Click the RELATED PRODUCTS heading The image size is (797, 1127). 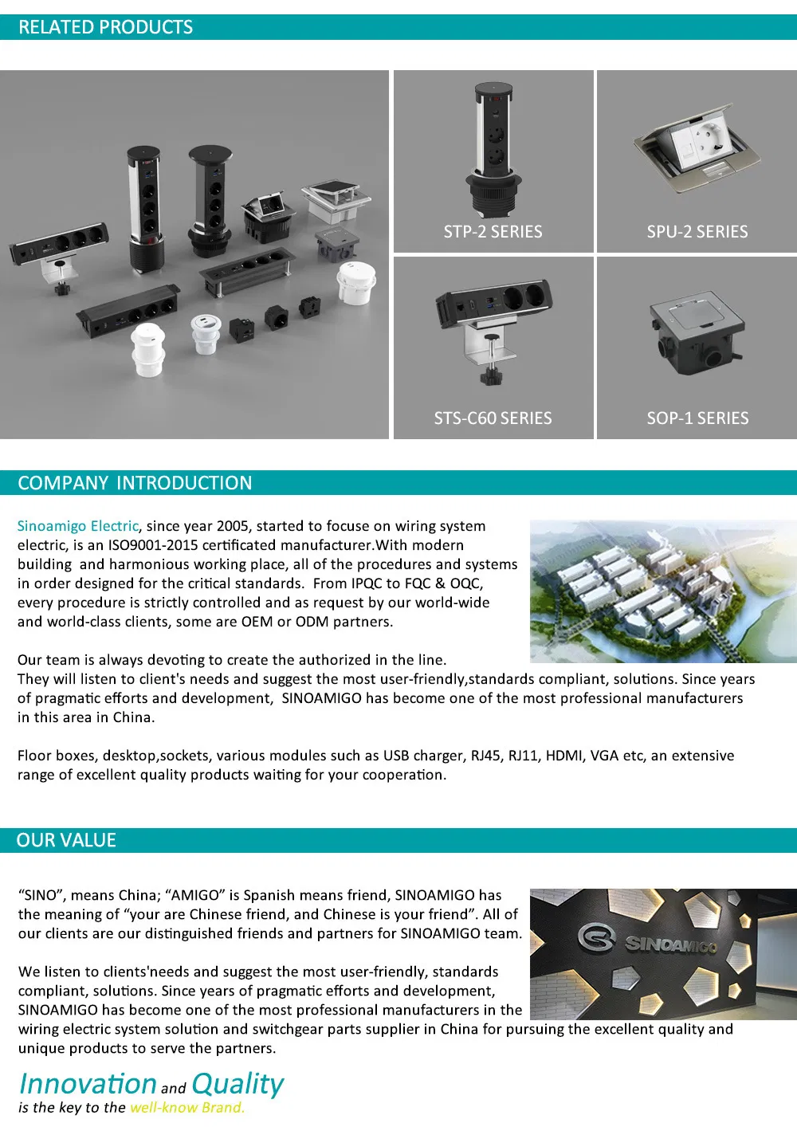[x=105, y=27]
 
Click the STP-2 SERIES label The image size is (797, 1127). [x=493, y=232]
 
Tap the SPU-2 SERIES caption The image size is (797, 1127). [x=697, y=232]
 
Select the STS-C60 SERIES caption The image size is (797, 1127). [x=493, y=418]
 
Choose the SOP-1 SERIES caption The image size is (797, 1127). [x=697, y=418]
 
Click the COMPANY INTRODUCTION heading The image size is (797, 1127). [x=135, y=483]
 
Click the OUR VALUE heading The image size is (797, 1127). [x=66, y=840]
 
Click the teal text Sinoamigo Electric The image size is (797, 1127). [x=78, y=526]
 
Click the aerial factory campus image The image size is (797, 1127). [x=662, y=591]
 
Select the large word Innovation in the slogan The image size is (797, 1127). [x=88, y=1084]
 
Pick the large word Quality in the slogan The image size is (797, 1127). [x=238, y=1084]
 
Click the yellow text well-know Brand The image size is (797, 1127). [x=187, y=1108]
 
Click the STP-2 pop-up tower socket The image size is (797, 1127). [x=493, y=147]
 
